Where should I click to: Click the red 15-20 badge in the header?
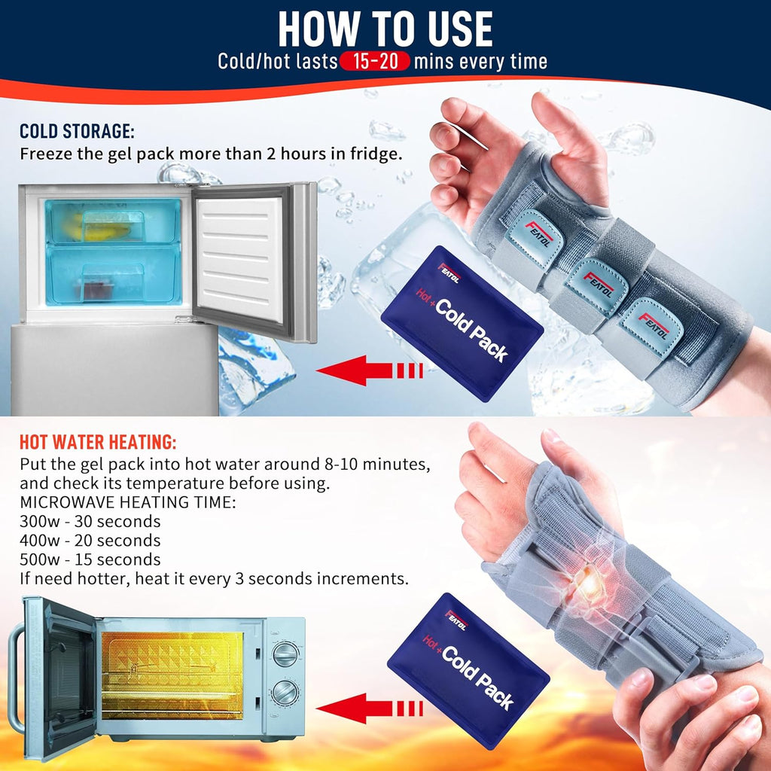375,62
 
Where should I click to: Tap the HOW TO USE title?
385,29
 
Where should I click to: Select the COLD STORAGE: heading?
77,131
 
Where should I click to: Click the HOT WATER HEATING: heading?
98,442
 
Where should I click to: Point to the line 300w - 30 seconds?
90,521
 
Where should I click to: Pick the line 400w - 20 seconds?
90,541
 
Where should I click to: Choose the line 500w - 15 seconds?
90,559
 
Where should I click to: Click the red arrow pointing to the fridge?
369,370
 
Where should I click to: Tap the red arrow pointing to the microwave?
369,709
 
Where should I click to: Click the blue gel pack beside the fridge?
462,323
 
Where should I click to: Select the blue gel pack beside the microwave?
468,670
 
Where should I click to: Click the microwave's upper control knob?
285,654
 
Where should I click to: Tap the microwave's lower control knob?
285,693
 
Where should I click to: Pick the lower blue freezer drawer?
114,276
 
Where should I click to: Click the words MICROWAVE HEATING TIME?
128,502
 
